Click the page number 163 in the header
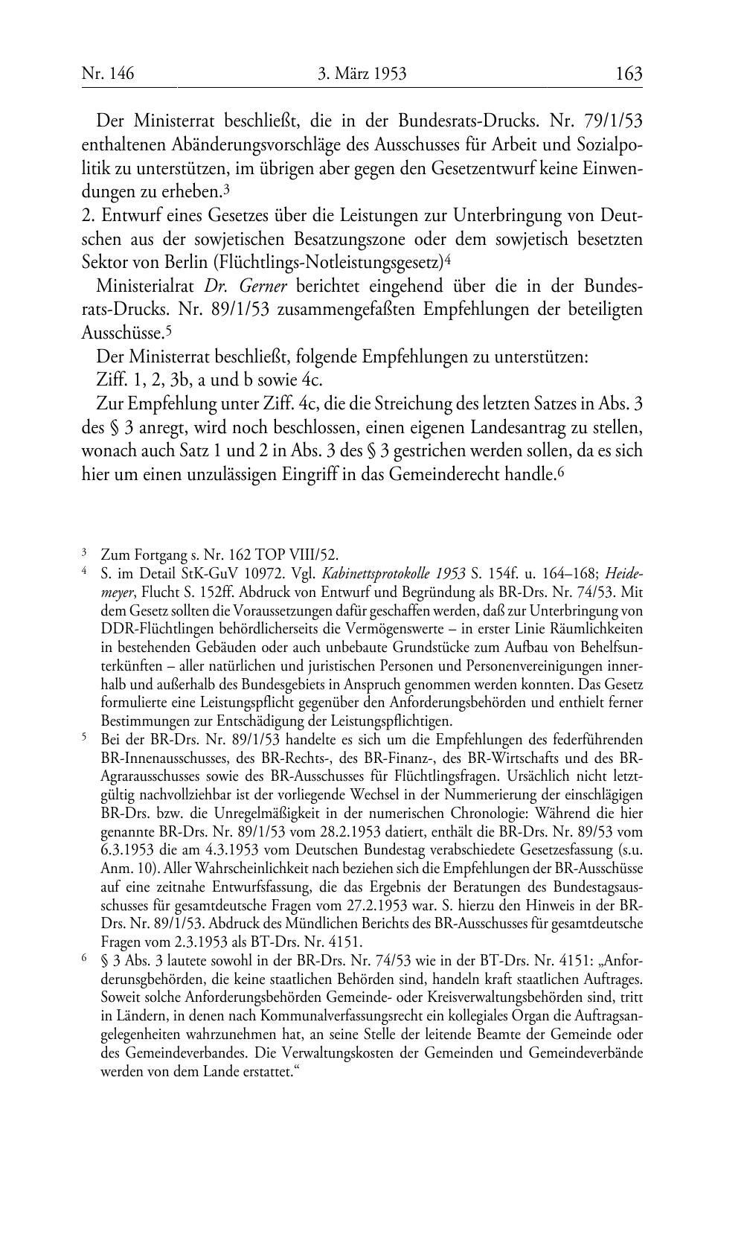[629, 74]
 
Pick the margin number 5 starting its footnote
[84, 738]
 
